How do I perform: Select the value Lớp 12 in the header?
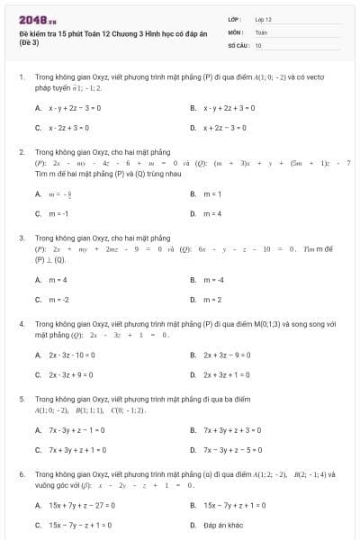pyautogui.click(x=264, y=19)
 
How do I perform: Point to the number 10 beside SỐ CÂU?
pyautogui.click(x=258, y=44)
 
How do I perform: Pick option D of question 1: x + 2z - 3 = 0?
pyautogui.click(x=223, y=128)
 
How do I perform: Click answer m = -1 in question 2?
pyautogui.click(x=58, y=213)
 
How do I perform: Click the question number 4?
pyautogui.click(x=21, y=322)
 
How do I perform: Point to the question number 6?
pyautogui.click(x=21, y=472)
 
